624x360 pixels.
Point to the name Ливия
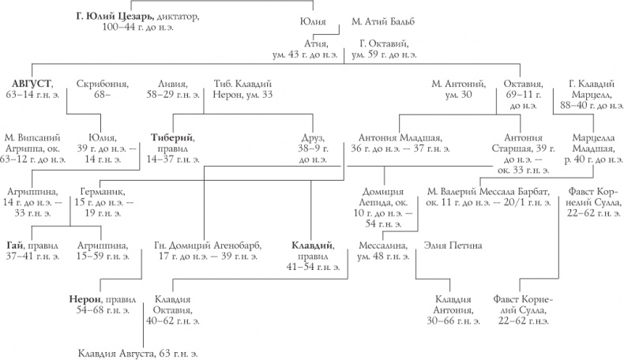tap(172, 83)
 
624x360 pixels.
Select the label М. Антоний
tap(456, 83)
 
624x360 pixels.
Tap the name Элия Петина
tap(453, 245)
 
